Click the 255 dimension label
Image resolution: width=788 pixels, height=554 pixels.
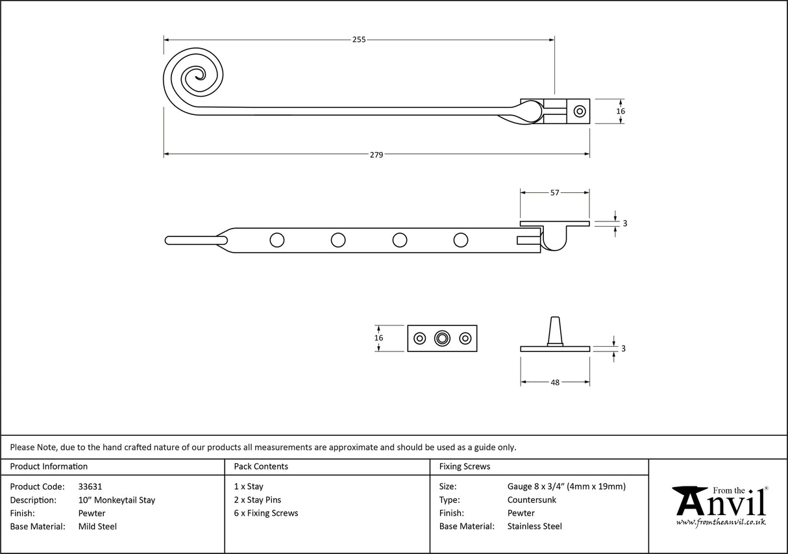pyautogui.click(x=359, y=40)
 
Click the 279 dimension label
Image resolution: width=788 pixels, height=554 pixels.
pyautogui.click(x=376, y=155)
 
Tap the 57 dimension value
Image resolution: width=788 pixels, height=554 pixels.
pyautogui.click(x=555, y=193)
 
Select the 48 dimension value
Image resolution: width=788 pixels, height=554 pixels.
pyautogui.click(x=555, y=383)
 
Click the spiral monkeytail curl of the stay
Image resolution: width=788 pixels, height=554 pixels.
pyautogui.click(x=193, y=79)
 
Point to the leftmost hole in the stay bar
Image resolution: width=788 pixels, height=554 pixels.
pyautogui.click(x=277, y=240)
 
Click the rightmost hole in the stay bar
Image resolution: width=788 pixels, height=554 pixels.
pyautogui.click(x=461, y=240)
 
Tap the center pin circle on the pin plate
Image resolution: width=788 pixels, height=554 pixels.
pyautogui.click(x=443, y=338)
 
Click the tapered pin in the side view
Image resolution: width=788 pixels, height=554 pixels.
pyautogui.click(x=555, y=331)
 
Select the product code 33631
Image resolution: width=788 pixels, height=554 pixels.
pyautogui.click(x=90, y=486)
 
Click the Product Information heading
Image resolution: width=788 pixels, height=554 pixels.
pyautogui.click(x=49, y=466)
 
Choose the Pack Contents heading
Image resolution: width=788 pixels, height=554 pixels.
pyautogui.click(x=261, y=466)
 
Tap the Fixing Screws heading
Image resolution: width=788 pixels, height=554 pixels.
pyautogui.click(x=465, y=466)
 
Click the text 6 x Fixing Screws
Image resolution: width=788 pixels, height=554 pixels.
pyautogui.click(x=266, y=513)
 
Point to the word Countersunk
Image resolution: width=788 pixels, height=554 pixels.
pyautogui.click(x=532, y=500)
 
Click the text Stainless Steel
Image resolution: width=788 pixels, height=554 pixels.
pyautogui.click(x=534, y=527)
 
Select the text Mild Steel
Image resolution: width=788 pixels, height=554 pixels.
pyautogui.click(x=97, y=527)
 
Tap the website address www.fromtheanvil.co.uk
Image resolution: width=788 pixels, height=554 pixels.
pyautogui.click(x=720, y=522)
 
